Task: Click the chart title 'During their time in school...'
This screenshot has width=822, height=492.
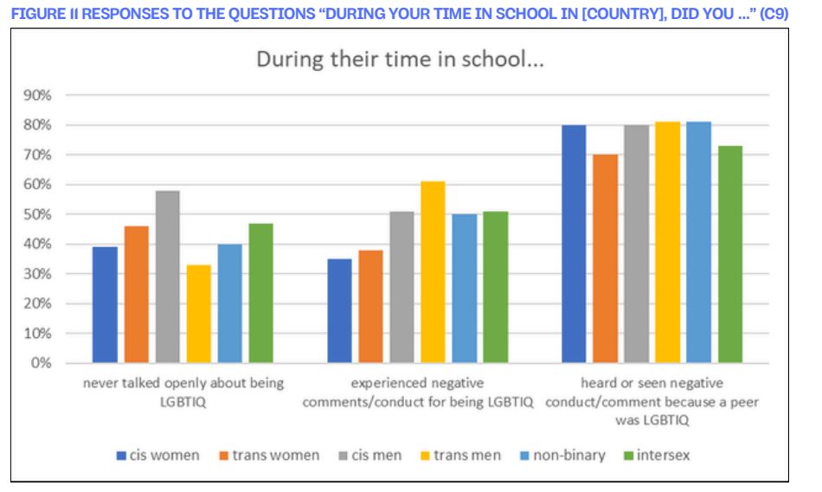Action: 400,59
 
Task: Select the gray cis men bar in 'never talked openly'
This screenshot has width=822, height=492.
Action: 168,277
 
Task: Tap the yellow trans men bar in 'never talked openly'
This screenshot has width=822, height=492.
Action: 199,314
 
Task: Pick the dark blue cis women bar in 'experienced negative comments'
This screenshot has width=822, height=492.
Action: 340,310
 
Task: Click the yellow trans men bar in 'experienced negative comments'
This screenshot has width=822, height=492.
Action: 433,272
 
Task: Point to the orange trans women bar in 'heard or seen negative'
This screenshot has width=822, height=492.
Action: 606,259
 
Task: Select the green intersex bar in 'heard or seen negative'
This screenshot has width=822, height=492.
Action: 730,254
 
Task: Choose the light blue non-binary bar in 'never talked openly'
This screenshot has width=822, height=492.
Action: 230,304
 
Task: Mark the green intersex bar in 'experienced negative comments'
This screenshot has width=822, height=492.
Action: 496,287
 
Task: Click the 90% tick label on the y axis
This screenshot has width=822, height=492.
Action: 37,95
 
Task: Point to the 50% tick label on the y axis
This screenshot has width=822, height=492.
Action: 37,214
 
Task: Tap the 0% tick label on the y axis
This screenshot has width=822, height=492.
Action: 41,363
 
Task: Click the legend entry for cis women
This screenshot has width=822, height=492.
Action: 157,456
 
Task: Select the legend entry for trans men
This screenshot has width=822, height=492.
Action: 461,456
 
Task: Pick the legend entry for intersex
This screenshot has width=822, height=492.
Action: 657,456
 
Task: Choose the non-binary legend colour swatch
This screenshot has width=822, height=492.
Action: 524,456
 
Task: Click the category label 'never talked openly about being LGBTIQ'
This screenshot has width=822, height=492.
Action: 183,393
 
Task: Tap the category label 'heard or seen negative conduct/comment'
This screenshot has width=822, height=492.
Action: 652,401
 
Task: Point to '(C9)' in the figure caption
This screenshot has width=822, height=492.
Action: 774,13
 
